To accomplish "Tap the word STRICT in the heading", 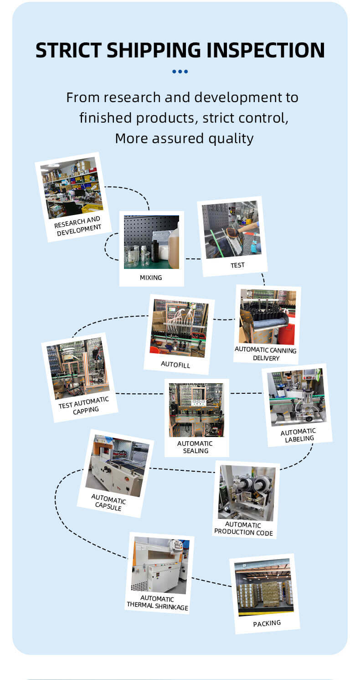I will click(x=72, y=51).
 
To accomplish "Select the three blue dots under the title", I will click(x=180, y=72).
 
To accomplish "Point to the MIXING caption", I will click(x=151, y=277).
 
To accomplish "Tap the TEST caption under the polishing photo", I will click(x=237, y=265).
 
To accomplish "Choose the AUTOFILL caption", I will click(x=175, y=365).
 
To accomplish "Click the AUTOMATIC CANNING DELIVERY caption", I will click(x=266, y=354).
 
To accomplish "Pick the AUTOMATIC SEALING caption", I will click(x=195, y=447).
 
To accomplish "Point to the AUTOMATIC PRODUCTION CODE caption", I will click(x=243, y=529).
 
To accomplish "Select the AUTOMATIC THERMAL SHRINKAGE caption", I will click(x=157, y=603).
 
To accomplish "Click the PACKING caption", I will click(x=267, y=623).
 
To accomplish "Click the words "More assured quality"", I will click(x=184, y=138).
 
